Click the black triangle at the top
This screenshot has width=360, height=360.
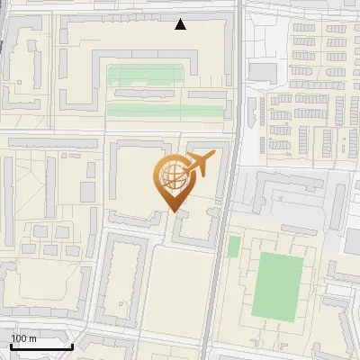coord(181,24)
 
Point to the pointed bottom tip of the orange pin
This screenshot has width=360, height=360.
coord(172,211)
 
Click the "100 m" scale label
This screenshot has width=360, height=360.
coord(23,338)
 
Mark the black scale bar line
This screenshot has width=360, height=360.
coord(41,346)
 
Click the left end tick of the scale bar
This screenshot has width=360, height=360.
coord(12,345)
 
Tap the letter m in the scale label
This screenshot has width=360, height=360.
coord(32,338)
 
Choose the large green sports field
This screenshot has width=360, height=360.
coord(277,286)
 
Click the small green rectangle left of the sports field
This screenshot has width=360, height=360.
coord(234,246)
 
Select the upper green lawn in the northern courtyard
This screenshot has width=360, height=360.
coord(148,76)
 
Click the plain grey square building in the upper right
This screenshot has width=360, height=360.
coord(264,72)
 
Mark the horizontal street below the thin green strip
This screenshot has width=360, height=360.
coord(135,127)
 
